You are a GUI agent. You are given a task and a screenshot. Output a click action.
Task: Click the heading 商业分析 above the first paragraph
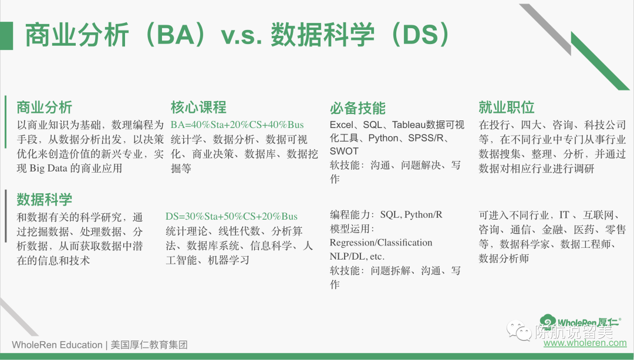[x=44, y=107]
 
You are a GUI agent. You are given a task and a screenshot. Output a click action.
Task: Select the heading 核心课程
[x=198, y=107]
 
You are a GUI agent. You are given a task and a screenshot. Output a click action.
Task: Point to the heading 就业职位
[x=507, y=107]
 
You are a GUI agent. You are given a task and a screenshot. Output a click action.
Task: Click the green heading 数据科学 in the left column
[x=44, y=200]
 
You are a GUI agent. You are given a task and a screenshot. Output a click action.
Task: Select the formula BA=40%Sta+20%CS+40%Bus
[x=237, y=125]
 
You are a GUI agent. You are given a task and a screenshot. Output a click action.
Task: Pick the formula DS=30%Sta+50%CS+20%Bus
[x=231, y=216]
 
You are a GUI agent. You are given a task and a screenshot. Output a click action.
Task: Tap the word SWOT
[x=344, y=152]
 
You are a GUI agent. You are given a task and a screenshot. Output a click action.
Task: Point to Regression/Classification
[x=381, y=243]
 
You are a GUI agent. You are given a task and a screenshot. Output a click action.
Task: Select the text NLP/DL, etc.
[x=357, y=257]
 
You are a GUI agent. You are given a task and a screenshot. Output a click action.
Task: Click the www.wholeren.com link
[x=585, y=343]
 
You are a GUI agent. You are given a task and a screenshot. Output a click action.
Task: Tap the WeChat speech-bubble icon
[x=519, y=331]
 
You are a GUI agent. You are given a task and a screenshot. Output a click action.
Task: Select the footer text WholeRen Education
[x=57, y=345]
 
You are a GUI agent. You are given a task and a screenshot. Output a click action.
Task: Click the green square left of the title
[x=6, y=36]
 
